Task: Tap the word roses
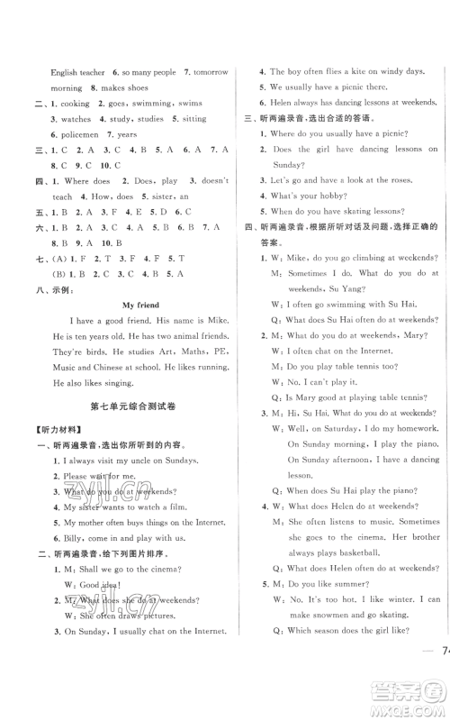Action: (380, 194)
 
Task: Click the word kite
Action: (341, 71)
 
